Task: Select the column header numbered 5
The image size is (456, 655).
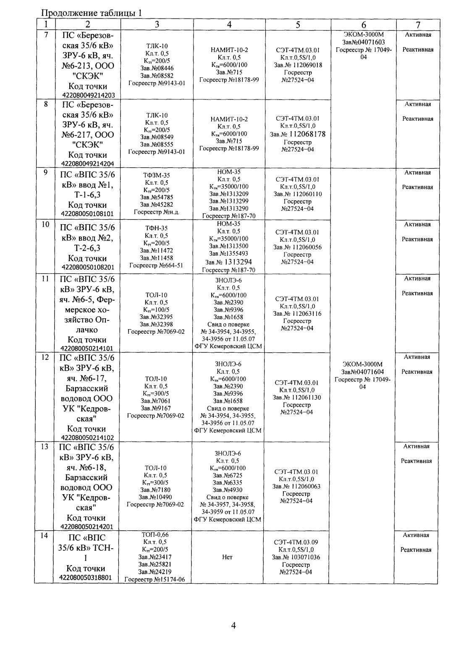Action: pos(297,24)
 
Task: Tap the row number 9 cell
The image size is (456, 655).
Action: pos(45,172)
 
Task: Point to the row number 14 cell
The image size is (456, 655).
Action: pos(45,536)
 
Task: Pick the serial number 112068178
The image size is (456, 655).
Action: pos(304,134)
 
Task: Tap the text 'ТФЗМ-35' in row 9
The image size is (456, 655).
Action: pos(156,175)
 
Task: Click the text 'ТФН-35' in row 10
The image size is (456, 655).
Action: pos(156,228)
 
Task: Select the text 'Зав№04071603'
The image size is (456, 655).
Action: pos(364,42)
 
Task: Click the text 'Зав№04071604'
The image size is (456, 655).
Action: pos(363,372)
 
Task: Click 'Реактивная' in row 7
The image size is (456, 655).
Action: pos(418,50)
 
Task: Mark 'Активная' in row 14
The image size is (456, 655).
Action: pos(416,535)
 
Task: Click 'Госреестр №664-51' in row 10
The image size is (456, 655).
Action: pos(156,265)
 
